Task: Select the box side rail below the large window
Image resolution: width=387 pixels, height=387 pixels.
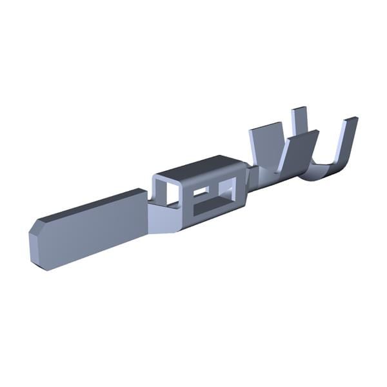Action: coord(213,218)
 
